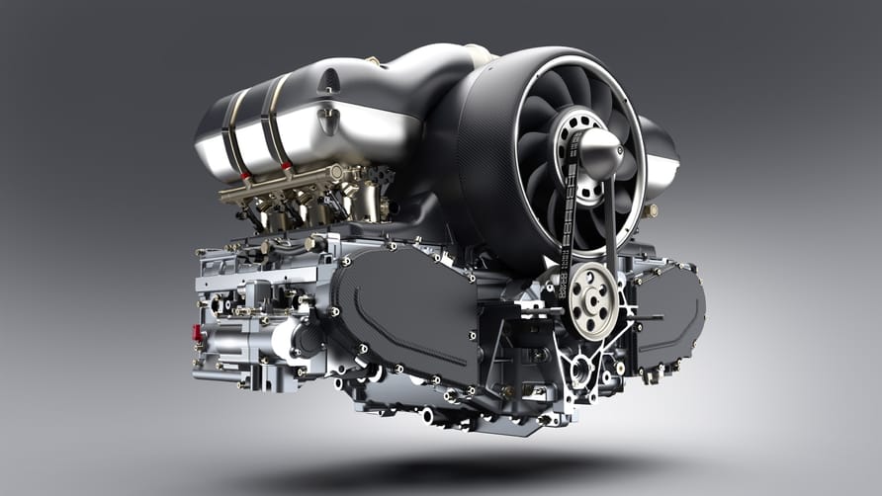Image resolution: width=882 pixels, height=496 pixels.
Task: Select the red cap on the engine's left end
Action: pos(197,333)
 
